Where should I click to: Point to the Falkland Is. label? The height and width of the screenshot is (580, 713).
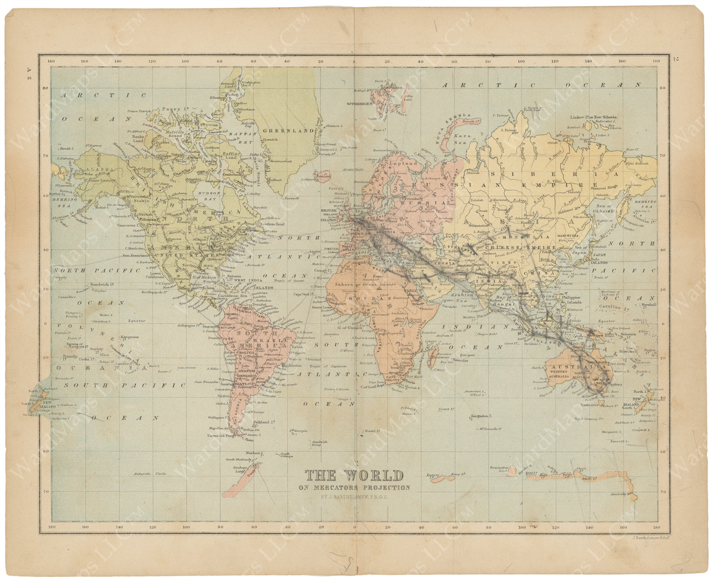click(266, 422)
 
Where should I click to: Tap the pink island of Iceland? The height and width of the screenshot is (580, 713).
click(323, 177)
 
